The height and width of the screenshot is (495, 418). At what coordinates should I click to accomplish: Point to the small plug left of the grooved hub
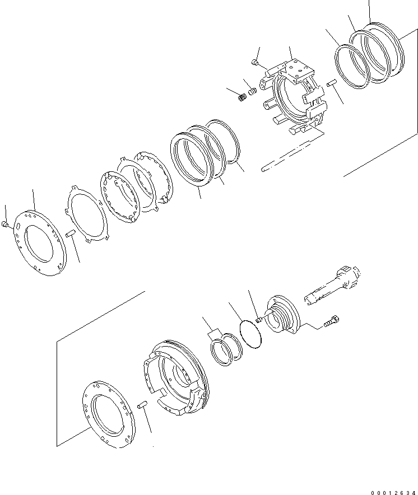click(259, 320)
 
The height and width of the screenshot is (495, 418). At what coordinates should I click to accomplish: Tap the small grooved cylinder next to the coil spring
click(253, 90)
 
